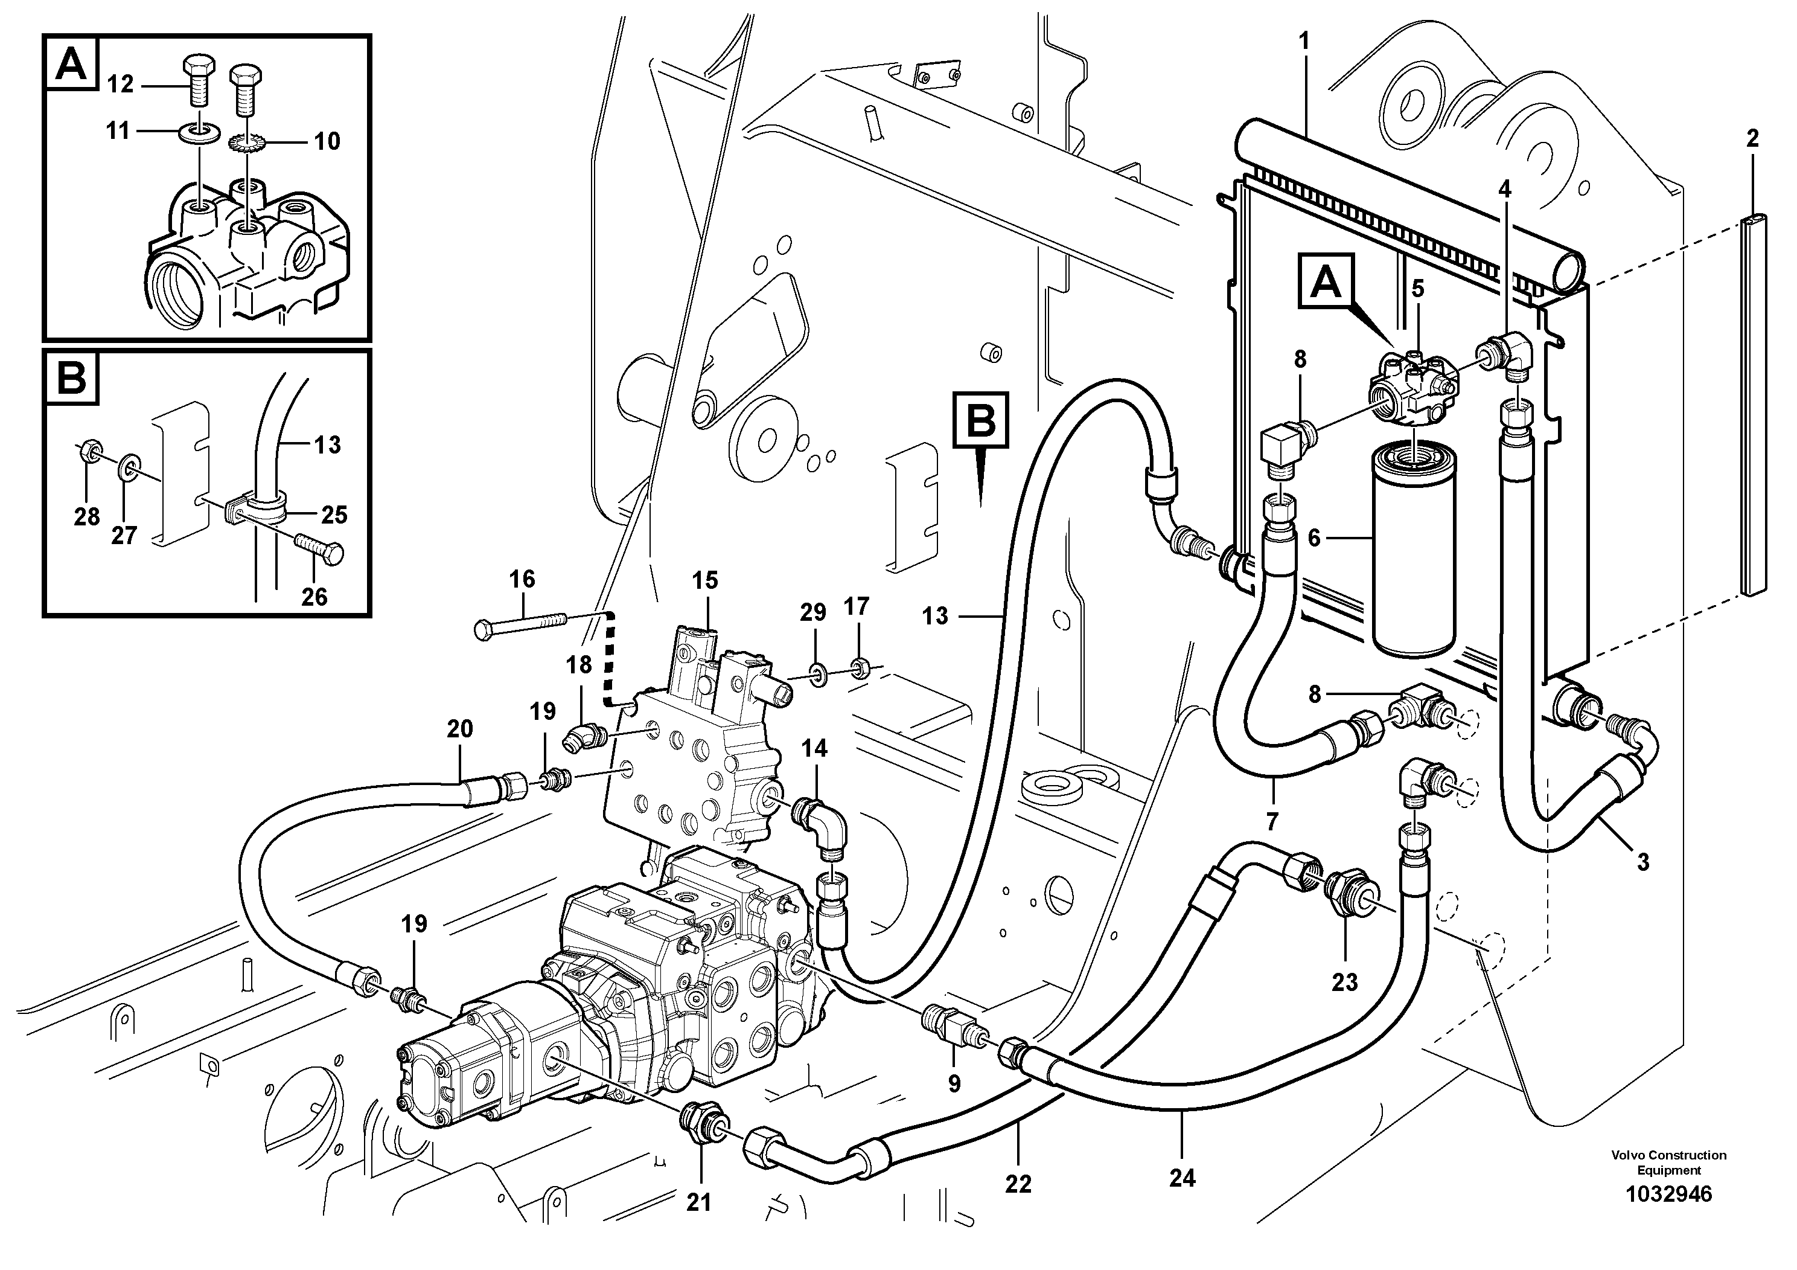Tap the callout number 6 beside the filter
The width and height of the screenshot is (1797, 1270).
(x=1314, y=538)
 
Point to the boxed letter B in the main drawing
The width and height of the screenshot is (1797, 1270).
(x=981, y=420)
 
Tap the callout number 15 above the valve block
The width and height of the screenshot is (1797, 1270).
(x=704, y=580)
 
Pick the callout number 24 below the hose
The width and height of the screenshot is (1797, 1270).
(x=1182, y=1177)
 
